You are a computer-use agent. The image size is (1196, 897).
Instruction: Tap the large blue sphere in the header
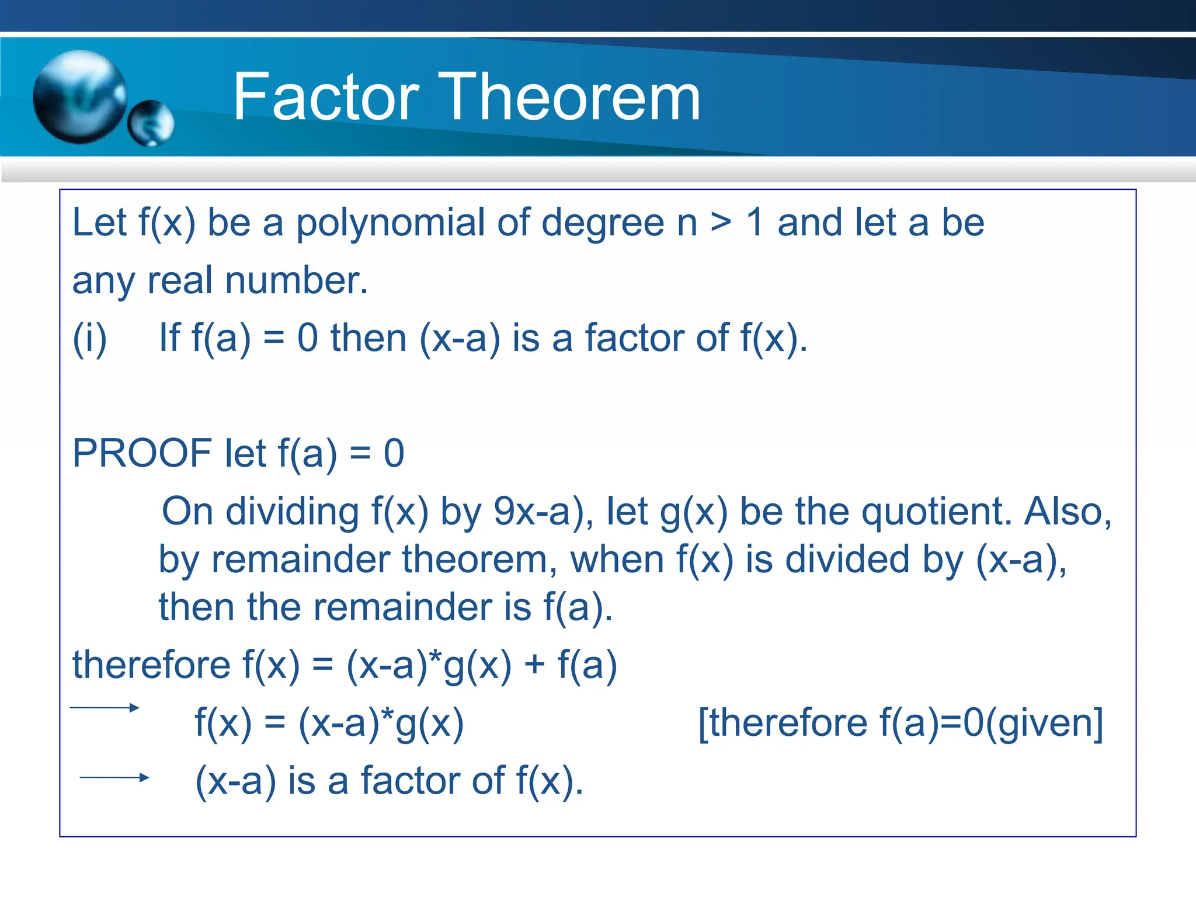tap(79, 96)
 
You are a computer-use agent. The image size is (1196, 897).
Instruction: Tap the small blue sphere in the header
tap(151, 123)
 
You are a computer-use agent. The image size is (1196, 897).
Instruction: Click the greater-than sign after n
tap(721, 222)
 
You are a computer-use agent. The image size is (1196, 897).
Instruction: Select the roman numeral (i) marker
tap(89, 339)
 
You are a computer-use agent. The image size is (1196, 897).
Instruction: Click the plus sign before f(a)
tap(534, 666)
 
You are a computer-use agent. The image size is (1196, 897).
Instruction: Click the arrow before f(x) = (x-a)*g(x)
tap(105, 708)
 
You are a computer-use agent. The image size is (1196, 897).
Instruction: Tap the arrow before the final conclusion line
tap(114, 777)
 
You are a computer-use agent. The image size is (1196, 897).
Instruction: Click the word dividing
tap(293, 512)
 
